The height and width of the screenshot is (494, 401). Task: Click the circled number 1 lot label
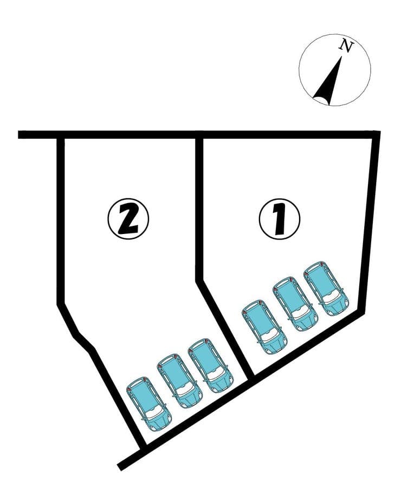(279, 219)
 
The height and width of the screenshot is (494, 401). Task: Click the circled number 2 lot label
(128, 218)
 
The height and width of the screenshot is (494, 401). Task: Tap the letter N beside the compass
(346, 47)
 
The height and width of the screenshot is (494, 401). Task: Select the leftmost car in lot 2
(149, 404)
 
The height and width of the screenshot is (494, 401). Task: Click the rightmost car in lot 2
(211, 366)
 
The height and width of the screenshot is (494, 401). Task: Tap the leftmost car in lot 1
(264, 327)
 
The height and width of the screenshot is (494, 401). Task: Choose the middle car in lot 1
(295, 304)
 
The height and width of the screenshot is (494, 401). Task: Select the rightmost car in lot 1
(326, 288)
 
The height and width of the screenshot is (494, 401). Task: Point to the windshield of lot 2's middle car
(185, 390)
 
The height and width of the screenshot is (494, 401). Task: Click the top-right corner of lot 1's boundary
(376, 134)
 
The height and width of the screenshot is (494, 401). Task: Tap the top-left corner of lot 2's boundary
(61, 135)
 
